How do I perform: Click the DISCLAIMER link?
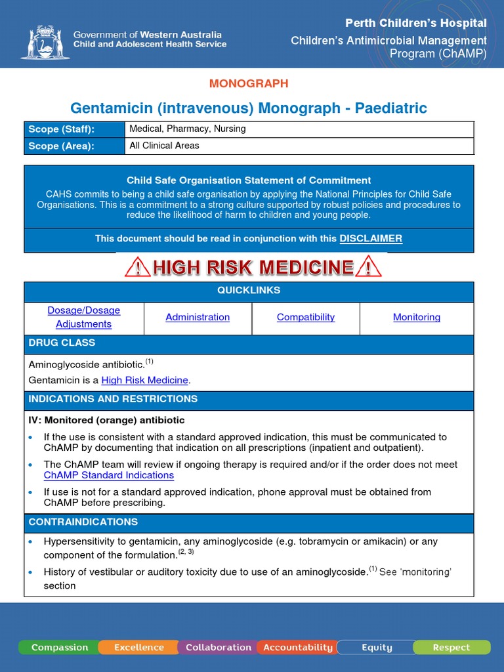tap(370, 239)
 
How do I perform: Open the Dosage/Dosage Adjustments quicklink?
tap(84, 317)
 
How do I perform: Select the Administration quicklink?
tap(198, 317)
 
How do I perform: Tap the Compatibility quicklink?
tap(306, 317)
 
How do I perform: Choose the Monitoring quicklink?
tap(417, 317)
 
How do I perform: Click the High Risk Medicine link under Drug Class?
tap(144, 380)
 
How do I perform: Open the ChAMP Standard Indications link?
tap(109, 475)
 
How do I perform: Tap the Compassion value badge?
tap(59, 647)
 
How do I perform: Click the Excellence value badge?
tap(138, 647)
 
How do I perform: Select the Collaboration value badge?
tap(219, 647)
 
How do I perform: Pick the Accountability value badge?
tap(298, 647)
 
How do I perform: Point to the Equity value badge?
tap(377, 647)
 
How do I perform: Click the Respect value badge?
tap(451, 647)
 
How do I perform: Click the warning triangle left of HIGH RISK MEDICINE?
tap(137, 267)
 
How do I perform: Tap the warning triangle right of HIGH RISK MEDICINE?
tap(368, 267)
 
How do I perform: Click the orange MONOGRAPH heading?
tap(249, 83)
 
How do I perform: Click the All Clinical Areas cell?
tap(165, 146)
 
